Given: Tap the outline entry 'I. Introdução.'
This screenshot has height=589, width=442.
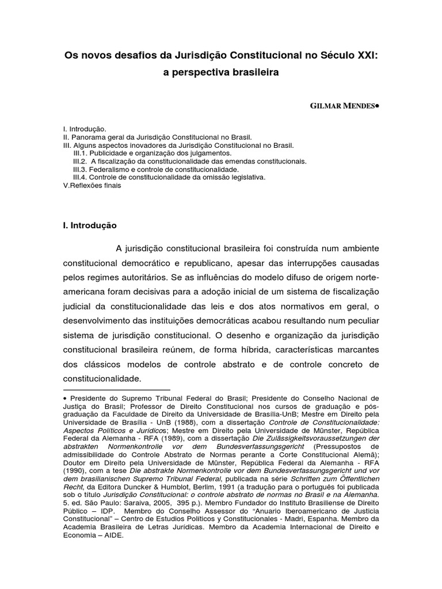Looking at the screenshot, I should click(85, 129).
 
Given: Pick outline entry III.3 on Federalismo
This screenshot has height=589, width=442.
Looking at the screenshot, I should click(156, 170).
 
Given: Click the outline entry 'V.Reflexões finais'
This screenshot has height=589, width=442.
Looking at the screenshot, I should click(92, 186).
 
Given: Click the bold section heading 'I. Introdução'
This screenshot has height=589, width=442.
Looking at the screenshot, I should click(90, 225).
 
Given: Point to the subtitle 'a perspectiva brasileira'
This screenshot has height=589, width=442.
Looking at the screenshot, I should click(221, 73).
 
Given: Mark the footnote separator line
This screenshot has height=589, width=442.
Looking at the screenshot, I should click(117, 389).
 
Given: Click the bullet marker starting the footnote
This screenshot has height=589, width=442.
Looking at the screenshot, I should click(66, 398).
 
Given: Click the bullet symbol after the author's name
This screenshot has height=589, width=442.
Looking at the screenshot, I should click(377, 106).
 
